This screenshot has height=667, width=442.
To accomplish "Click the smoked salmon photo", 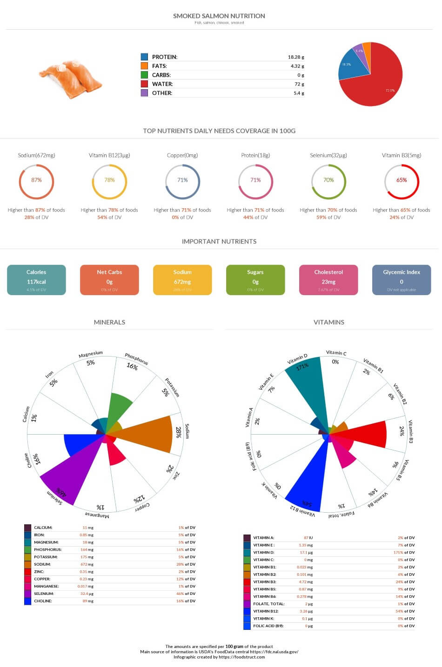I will (71, 79).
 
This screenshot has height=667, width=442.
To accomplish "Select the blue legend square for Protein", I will (144, 57).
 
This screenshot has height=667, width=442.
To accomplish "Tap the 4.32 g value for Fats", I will (297, 66).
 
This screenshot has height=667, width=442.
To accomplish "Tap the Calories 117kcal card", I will (36, 280).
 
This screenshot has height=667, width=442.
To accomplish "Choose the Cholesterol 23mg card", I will (328, 280).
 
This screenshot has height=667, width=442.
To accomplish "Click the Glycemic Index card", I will (402, 280).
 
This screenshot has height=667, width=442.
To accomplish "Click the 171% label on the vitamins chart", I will (302, 367).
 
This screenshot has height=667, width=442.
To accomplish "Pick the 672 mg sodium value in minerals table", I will (87, 564).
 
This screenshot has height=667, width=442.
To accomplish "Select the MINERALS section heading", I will (109, 322).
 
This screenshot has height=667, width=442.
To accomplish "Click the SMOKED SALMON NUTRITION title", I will (219, 16).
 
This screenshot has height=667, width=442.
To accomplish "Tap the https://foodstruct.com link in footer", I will (241, 657).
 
